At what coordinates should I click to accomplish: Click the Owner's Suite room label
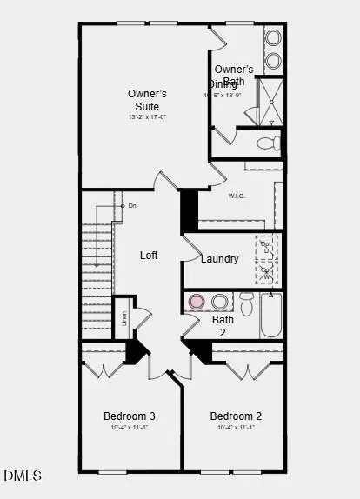coord(147,100)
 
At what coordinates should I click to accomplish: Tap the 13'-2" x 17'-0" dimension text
coord(147,116)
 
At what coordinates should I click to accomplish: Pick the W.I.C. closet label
coord(237,196)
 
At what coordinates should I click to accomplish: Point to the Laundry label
coord(219,259)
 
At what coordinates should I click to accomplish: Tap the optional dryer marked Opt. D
coord(267,247)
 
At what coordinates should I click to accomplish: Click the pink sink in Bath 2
coord(197,302)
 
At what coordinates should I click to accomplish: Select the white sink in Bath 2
coord(220,302)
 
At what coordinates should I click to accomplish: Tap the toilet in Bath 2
coord(246,303)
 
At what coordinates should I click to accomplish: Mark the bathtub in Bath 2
coord(270,315)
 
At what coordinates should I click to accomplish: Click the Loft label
coord(149,256)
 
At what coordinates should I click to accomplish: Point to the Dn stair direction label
coord(132,206)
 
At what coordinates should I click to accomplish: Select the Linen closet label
coord(123,317)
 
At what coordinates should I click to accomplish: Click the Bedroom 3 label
coord(129,416)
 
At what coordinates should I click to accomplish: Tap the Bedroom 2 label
coord(236,416)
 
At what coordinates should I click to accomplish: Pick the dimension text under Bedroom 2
coord(236,428)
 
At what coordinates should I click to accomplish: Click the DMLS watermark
coord(23,476)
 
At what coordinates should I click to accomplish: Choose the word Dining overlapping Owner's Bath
coord(222,83)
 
